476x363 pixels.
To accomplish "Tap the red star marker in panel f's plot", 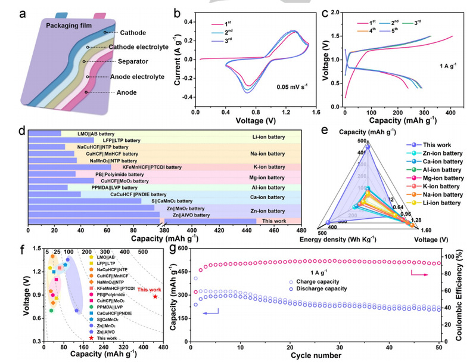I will [155, 296].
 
